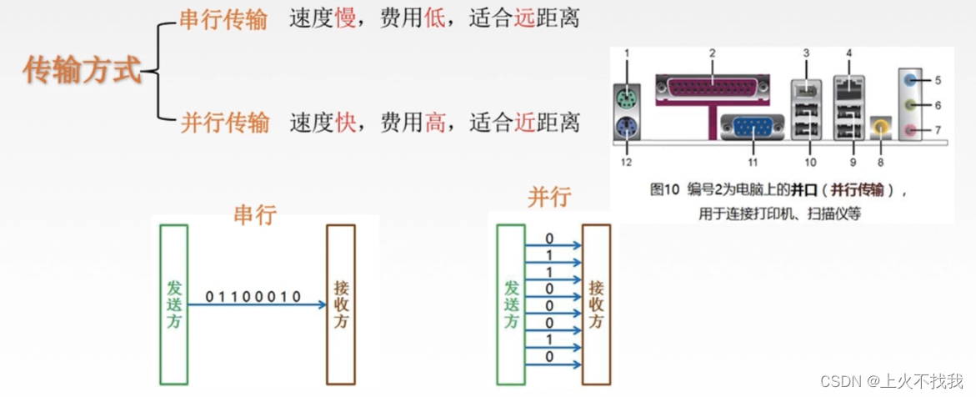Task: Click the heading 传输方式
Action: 82,71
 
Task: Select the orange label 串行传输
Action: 223,19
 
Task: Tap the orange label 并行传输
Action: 225,123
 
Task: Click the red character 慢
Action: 345,19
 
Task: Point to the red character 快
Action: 346,123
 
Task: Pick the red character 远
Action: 524,19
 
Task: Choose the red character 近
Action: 524,123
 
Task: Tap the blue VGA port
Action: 752,129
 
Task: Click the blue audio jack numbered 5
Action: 913,81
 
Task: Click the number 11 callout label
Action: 753,162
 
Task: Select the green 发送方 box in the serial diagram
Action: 173,303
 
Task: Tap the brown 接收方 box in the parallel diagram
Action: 596,304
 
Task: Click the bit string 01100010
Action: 253,296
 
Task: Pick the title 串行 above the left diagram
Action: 255,214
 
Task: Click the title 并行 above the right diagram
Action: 549,197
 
